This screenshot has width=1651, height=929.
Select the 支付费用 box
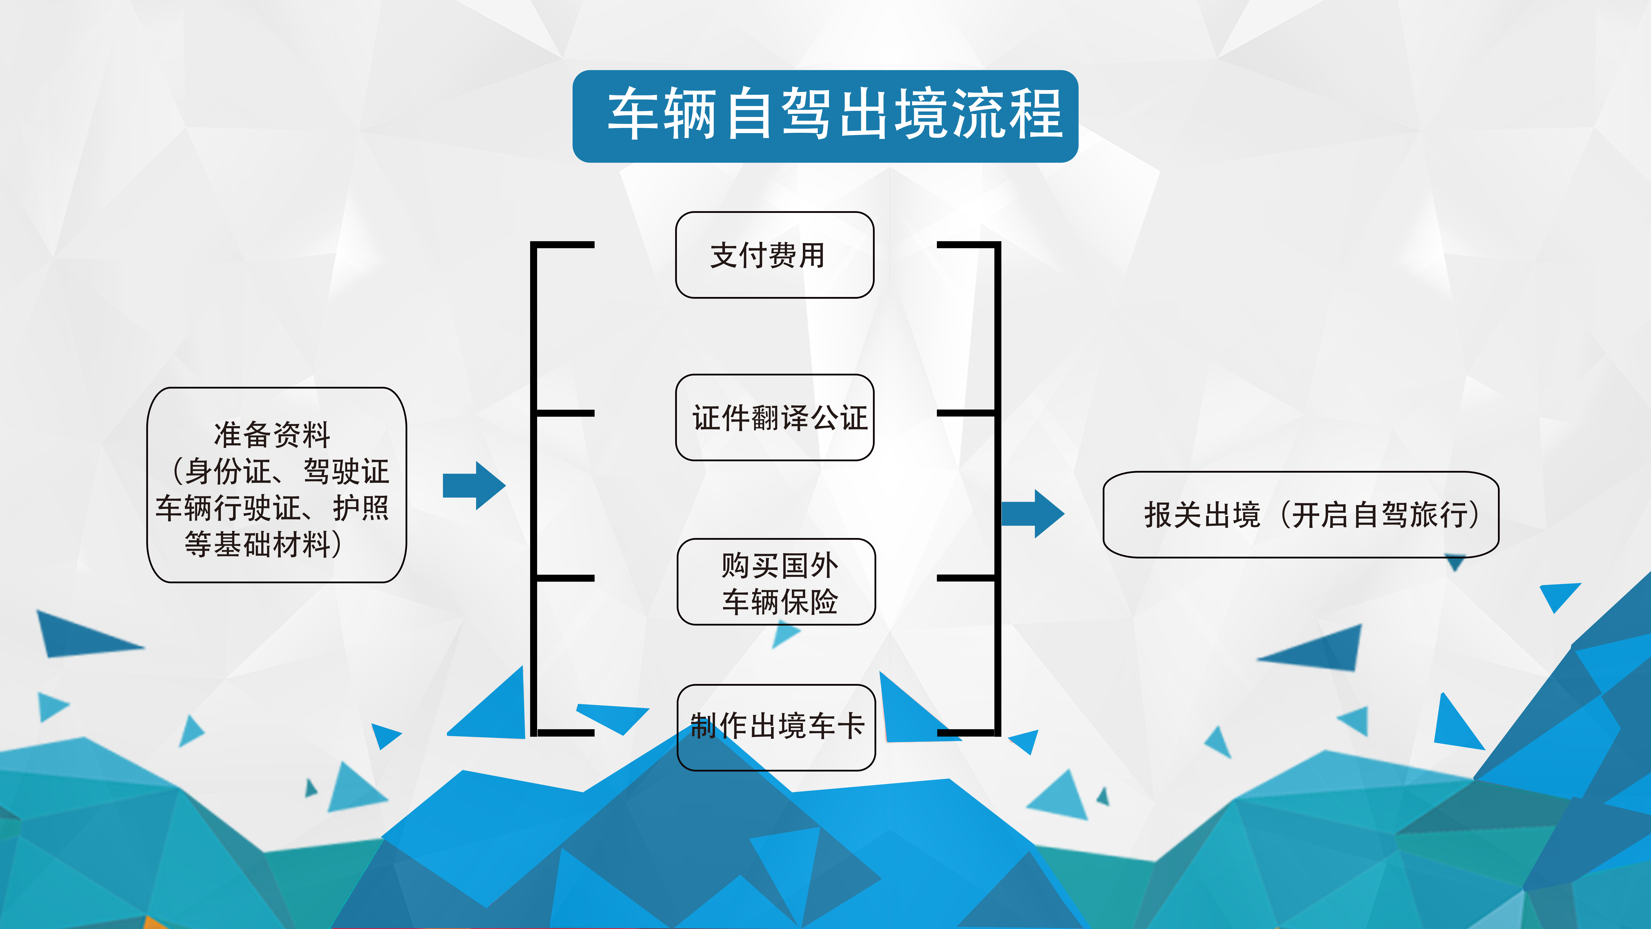tap(774, 255)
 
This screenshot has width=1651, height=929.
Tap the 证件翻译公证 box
tap(774, 417)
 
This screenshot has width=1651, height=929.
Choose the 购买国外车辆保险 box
tap(775, 582)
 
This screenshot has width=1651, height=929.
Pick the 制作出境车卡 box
tap(775, 727)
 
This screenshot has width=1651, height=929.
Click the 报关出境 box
tap(1202, 515)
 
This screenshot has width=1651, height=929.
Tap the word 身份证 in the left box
tap(227, 472)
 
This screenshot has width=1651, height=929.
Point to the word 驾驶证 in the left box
tap(346, 472)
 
